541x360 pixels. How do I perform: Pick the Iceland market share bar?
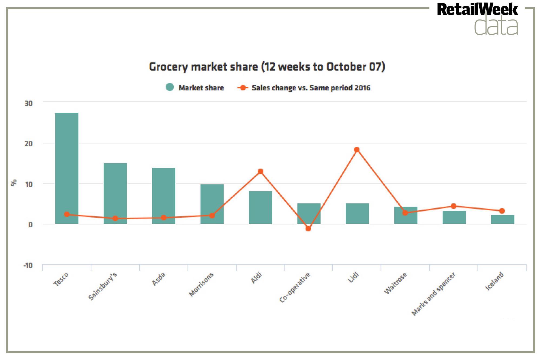[503, 219]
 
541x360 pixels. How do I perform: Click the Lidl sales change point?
[357, 150]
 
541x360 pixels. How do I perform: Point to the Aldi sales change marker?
[260, 171]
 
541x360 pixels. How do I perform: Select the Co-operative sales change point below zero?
[308, 228]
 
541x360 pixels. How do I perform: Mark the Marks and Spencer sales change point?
[454, 206]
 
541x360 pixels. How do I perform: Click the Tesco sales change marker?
[67, 214]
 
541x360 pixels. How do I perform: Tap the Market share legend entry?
[195, 88]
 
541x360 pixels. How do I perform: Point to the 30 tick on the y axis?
[28, 103]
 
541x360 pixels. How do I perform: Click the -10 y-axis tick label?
[28, 265]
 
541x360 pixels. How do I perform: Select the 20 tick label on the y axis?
[28, 144]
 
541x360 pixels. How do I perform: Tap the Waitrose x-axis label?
[395, 283]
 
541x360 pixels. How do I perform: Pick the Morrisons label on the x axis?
[201, 284]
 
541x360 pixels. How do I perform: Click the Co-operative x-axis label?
[295, 287]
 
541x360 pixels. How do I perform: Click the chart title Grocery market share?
[267, 67]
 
